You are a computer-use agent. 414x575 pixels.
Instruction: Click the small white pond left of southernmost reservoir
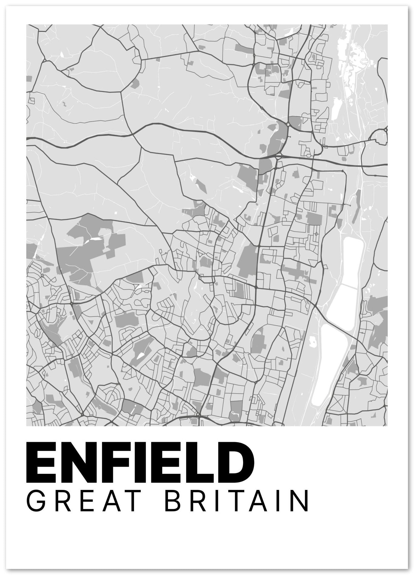312,342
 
